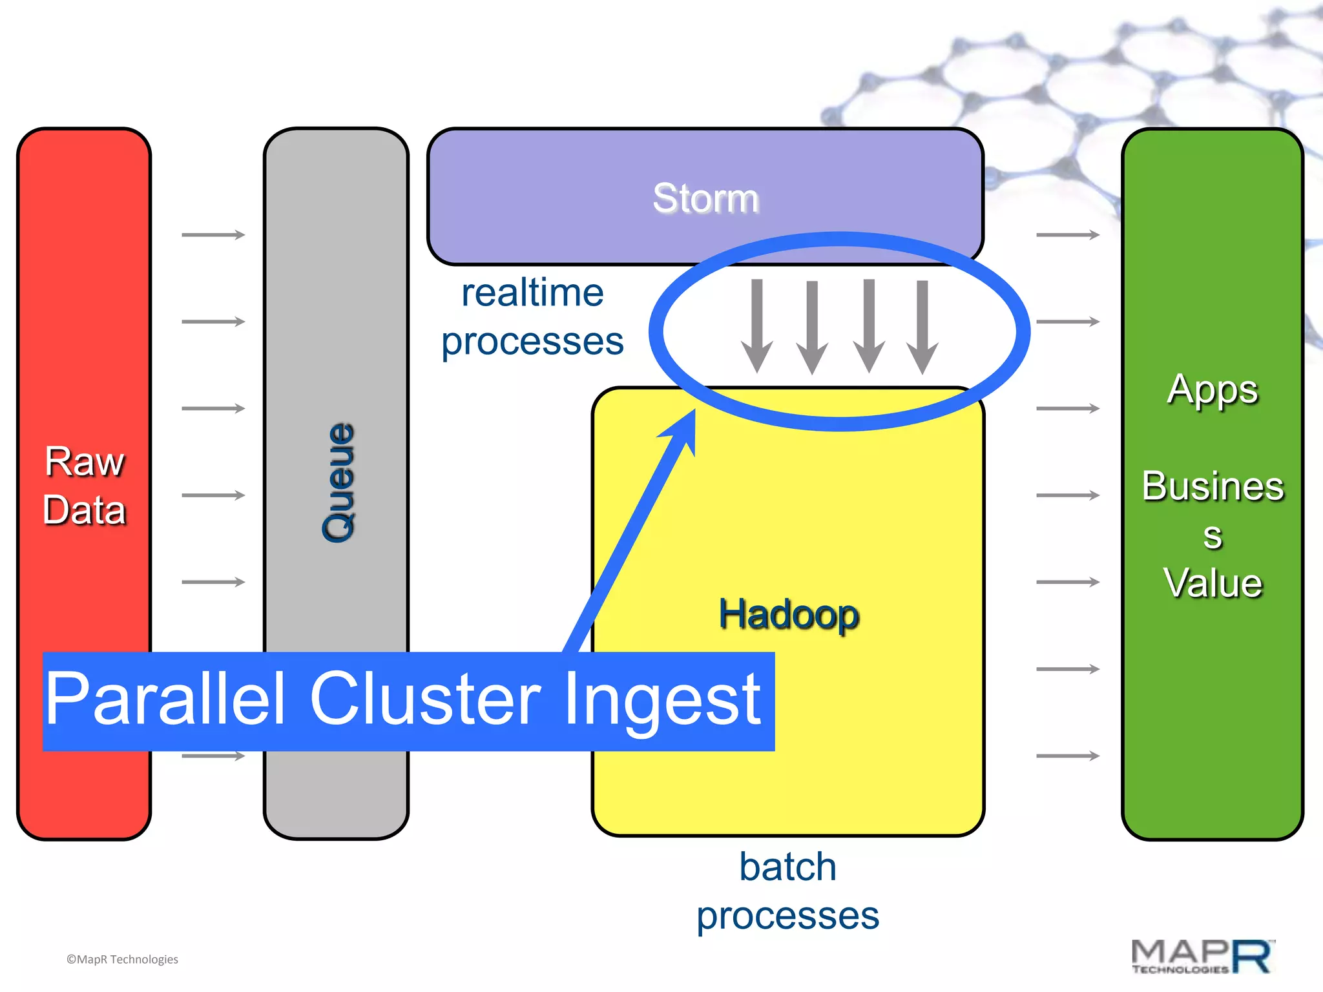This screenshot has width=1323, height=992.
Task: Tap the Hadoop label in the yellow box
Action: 789,614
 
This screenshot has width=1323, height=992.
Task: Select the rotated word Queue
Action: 339,482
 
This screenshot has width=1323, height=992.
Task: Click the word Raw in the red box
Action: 84,462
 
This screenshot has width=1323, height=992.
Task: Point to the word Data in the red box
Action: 84,510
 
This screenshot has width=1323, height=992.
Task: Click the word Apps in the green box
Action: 1213,390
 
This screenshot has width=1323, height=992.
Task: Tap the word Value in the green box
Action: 1213,583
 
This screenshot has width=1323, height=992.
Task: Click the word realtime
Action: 532,293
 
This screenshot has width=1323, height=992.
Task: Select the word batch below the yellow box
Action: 787,867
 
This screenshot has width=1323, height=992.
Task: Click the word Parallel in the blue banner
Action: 165,699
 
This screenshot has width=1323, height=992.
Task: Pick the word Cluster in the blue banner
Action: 425,699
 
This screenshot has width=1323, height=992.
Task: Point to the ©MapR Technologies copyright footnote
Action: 122,959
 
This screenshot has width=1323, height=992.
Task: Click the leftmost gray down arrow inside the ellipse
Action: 757,326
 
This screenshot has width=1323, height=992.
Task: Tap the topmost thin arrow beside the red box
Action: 213,234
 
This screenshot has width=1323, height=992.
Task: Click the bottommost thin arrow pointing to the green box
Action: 1067,756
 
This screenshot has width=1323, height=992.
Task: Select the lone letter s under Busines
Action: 1213,536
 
